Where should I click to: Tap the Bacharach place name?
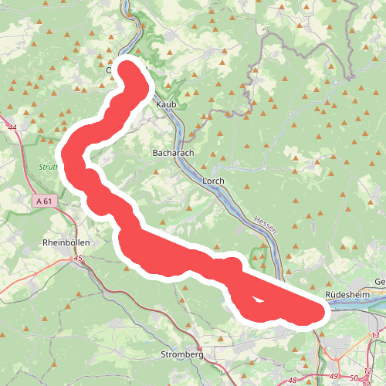tap(171, 154)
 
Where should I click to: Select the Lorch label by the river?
tap(212, 181)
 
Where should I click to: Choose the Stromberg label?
tap(182, 355)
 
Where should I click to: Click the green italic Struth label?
tap(49, 166)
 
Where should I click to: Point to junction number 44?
tap(11, 127)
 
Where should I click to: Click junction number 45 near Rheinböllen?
tap(78, 259)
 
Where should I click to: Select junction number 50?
tap(354, 378)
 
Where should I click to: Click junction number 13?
tap(375, 334)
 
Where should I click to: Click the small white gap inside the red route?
tap(256, 300)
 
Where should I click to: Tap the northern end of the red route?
tap(128, 68)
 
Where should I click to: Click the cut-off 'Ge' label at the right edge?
tap(379, 281)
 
